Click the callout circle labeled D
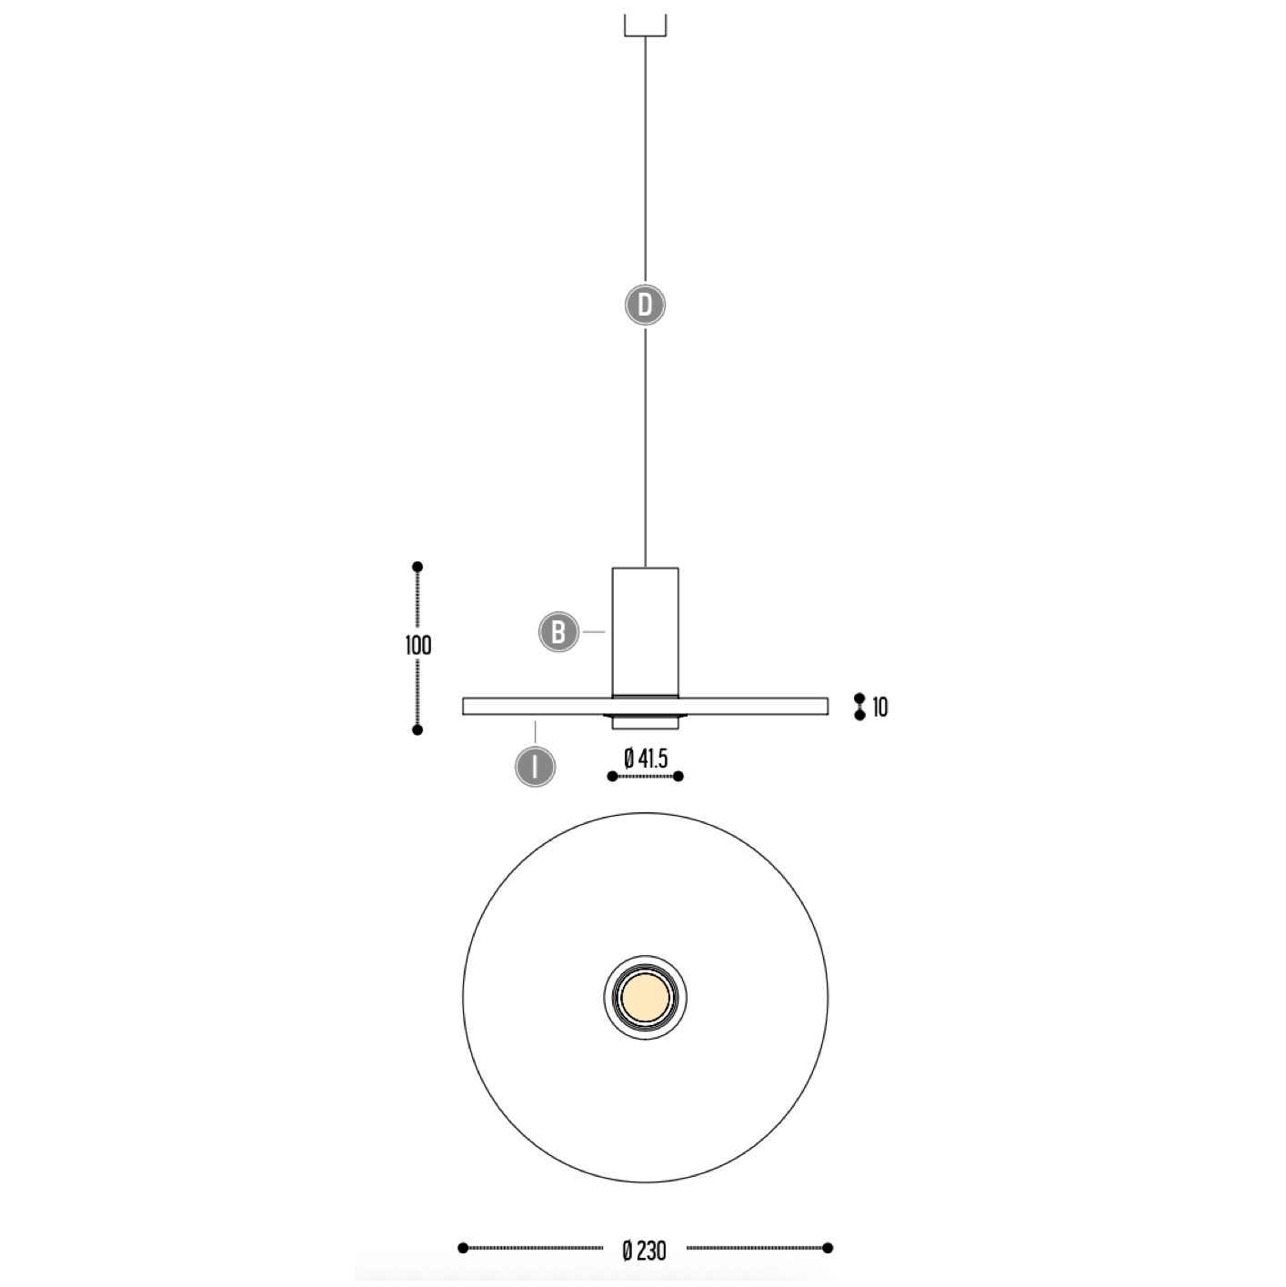pyautogui.click(x=645, y=306)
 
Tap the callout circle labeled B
pyautogui.click(x=558, y=632)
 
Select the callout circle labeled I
pyautogui.click(x=535, y=767)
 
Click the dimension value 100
pyautogui.click(x=418, y=646)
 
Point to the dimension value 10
pyautogui.click(x=879, y=708)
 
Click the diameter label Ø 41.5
pyautogui.click(x=646, y=758)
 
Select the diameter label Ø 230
pyautogui.click(x=645, y=1251)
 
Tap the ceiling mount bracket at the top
pyautogui.click(x=646, y=25)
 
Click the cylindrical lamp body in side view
pyautogui.click(x=646, y=632)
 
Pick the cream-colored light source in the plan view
pyautogui.click(x=646, y=998)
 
